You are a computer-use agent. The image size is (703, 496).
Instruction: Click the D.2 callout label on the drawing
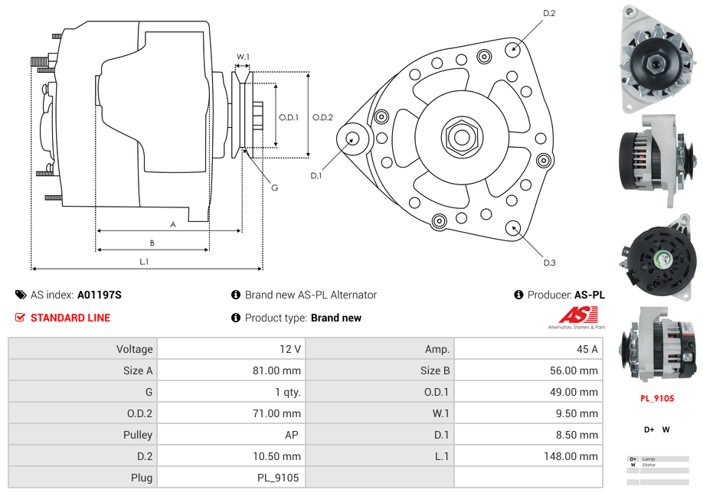[x=548, y=14]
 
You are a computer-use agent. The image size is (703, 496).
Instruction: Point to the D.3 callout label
[x=548, y=263]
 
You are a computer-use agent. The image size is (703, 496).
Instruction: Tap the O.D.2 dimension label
[x=322, y=117]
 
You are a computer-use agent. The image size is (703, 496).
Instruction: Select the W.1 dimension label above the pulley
[x=243, y=57]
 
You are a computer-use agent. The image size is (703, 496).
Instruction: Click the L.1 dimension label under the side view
[x=143, y=262]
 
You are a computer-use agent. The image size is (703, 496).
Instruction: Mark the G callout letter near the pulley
[x=274, y=188]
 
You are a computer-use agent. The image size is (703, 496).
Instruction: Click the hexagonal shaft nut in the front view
[x=460, y=137]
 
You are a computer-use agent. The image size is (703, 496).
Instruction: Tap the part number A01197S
[x=100, y=295]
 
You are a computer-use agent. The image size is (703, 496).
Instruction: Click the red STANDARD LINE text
[x=70, y=318]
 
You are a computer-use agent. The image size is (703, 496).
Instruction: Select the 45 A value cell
[x=587, y=349]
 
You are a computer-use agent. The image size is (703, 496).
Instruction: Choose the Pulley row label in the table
[x=139, y=435]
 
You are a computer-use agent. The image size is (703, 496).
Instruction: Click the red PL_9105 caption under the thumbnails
[x=657, y=398]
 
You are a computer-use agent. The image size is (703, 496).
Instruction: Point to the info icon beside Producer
[x=518, y=295]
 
